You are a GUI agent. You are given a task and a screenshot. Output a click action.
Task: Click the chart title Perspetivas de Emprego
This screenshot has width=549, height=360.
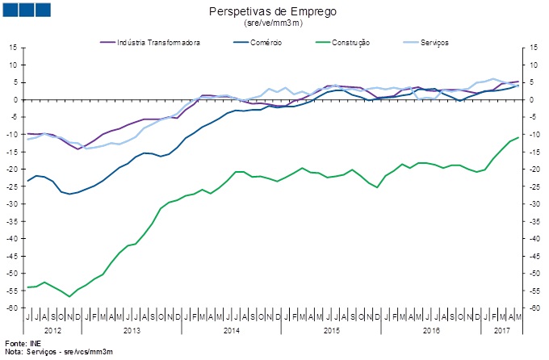point(272,12)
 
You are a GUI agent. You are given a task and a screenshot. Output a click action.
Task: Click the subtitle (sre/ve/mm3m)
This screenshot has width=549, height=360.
point(272,23)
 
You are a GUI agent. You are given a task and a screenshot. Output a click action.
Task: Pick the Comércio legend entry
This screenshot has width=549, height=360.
point(265,42)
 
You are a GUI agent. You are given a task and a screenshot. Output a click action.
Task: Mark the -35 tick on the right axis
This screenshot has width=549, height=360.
point(533,221)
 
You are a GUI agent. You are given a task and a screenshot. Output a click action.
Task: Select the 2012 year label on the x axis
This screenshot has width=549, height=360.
point(54,331)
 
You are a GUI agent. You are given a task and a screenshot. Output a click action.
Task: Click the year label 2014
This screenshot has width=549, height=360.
point(231,331)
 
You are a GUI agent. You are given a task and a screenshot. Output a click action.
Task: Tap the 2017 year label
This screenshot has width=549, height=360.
point(502,331)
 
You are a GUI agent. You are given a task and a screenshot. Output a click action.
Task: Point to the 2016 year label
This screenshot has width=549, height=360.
point(432,331)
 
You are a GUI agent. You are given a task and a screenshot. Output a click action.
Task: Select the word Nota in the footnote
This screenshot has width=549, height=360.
point(13,353)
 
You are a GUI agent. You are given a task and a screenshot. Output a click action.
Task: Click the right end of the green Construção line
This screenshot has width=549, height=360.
point(518,138)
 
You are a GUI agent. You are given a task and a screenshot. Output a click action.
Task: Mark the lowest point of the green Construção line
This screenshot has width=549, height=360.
point(69,296)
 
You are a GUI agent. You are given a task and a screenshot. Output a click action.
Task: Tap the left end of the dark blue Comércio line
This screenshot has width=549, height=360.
point(28,181)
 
